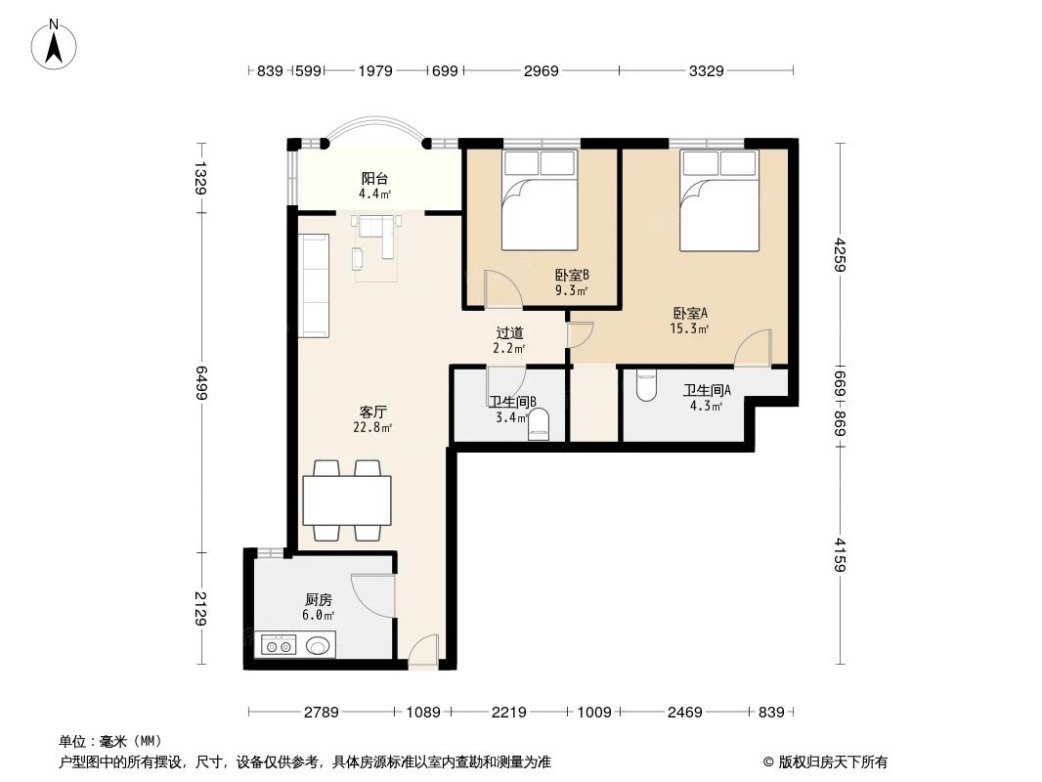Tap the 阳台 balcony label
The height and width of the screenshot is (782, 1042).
click(x=374, y=179)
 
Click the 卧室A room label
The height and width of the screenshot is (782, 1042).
click(x=690, y=314)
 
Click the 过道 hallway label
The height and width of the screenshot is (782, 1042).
click(x=508, y=333)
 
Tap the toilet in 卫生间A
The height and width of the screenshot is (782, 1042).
click(x=646, y=387)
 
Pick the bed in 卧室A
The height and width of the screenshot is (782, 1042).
click(x=718, y=200)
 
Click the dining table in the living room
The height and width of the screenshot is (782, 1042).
click(x=347, y=500)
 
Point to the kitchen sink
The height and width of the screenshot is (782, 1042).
click(x=319, y=645)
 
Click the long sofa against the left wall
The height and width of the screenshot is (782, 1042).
click(x=313, y=285)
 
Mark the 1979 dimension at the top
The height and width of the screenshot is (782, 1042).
click(x=375, y=70)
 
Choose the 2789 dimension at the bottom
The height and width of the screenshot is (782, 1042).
click(x=320, y=713)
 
